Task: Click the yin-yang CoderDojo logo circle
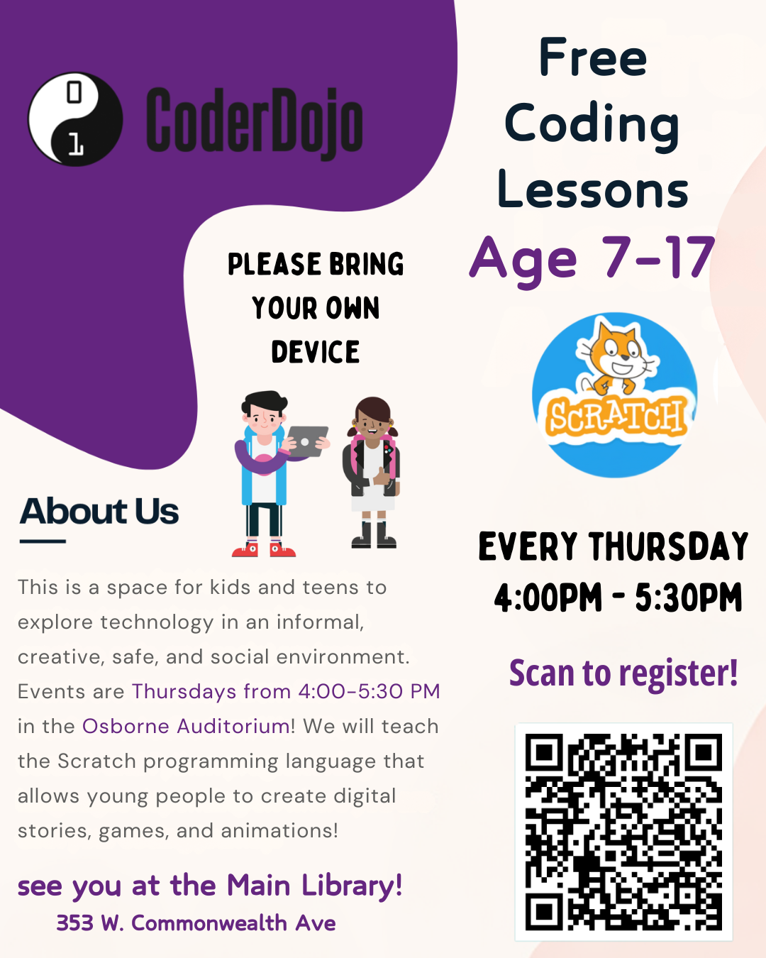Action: (75, 119)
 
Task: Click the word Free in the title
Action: (593, 57)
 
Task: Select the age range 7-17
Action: (658, 257)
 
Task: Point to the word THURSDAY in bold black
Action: (669, 547)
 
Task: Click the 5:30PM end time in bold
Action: (688, 598)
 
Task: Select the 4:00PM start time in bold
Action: (548, 598)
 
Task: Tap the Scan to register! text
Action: (623, 673)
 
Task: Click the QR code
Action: (623, 832)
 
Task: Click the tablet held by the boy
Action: (307, 441)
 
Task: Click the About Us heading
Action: (99, 512)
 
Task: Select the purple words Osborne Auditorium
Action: (186, 726)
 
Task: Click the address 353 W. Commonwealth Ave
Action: (196, 923)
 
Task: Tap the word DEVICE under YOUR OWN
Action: (316, 352)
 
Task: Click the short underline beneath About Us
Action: (43, 541)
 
